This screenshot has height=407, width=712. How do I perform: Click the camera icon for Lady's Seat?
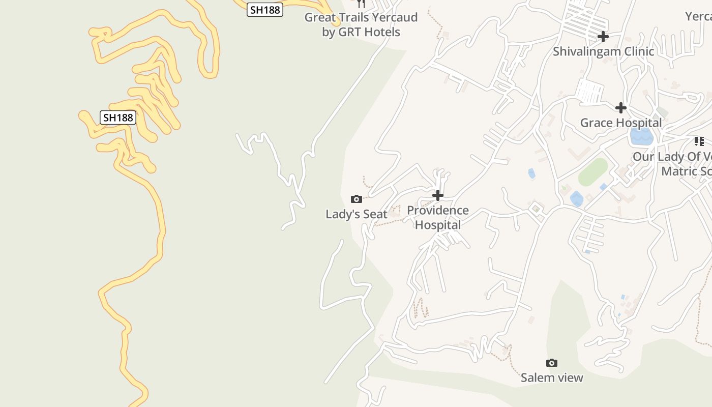tap(357, 199)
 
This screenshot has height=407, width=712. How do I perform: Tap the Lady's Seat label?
tap(357, 214)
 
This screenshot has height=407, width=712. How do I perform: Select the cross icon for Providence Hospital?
tap(438, 195)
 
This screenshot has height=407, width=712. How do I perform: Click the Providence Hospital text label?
tap(438, 218)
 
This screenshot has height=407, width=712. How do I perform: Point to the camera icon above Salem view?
tap(552, 363)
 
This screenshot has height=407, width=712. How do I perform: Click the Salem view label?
tap(552, 377)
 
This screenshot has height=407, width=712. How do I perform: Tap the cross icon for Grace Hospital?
tap(621, 108)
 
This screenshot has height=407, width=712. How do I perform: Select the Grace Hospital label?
tap(621, 123)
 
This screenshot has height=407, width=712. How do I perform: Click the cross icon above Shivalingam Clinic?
tap(603, 37)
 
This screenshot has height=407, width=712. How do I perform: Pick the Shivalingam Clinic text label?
tap(603, 51)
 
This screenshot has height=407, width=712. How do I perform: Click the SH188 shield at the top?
tap(265, 10)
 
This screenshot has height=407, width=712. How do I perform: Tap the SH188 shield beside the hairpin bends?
tap(118, 118)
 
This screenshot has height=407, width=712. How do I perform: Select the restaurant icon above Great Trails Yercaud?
tap(361, 4)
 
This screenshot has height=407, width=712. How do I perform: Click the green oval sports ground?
tap(593, 172)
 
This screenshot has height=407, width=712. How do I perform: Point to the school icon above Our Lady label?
tap(699, 141)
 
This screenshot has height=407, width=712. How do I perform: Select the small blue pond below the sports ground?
tap(576, 199)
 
